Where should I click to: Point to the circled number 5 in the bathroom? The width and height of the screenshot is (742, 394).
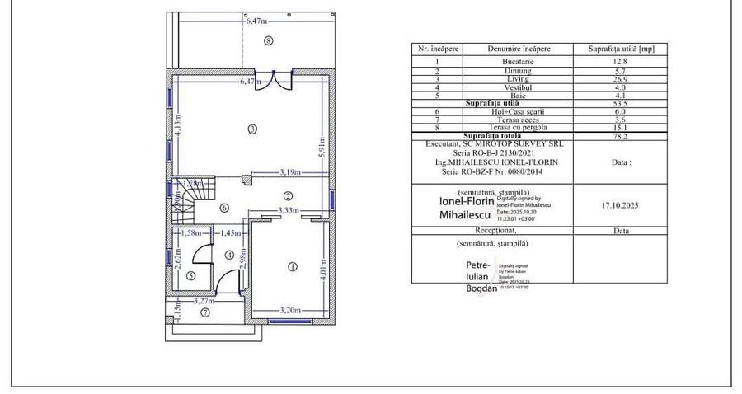tap(190, 275)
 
